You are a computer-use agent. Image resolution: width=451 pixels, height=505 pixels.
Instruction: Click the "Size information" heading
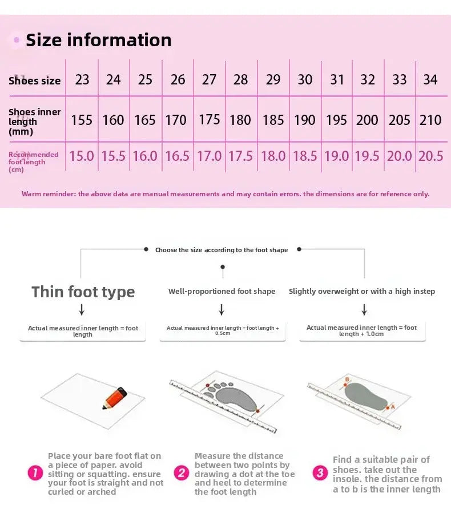click(x=99, y=40)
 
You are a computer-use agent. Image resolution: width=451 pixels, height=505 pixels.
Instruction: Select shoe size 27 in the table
click(x=209, y=79)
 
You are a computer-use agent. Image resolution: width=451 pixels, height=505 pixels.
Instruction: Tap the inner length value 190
click(x=304, y=120)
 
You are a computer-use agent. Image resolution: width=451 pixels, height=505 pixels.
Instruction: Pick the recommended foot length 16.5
click(x=177, y=156)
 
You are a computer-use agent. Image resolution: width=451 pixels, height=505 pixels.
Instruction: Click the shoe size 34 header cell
click(x=430, y=79)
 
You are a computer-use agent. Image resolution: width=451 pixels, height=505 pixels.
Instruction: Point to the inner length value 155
click(x=82, y=120)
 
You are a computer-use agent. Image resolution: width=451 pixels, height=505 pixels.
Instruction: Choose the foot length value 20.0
click(x=400, y=156)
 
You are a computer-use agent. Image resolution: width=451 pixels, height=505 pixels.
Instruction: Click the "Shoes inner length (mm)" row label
click(x=34, y=122)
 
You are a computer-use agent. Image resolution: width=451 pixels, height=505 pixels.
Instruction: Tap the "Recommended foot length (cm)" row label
click(x=34, y=162)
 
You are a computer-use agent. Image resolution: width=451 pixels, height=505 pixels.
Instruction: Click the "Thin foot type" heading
click(x=83, y=292)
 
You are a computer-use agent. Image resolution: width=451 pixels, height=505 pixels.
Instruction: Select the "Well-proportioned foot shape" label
click(x=222, y=292)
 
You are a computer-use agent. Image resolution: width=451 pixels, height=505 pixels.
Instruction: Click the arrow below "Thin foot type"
click(x=82, y=309)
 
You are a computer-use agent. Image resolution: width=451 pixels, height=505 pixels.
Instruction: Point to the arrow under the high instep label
click(x=364, y=309)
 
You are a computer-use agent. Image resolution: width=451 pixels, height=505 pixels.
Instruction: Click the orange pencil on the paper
click(x=115, y=398)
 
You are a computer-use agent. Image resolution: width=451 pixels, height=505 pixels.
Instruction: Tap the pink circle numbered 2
click(x=182, y=473)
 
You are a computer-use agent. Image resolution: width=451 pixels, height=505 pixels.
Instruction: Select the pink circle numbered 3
click(x=320, y=473)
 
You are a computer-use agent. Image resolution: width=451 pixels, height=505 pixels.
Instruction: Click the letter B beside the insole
click(x=347, y=379)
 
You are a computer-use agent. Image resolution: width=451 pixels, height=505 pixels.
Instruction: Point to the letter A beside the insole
click(x=393, y=407)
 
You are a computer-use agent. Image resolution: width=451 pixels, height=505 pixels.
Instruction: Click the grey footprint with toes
click(x=232, y=397)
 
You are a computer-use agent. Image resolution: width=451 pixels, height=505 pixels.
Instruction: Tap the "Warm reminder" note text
click(x=226, y=194)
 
